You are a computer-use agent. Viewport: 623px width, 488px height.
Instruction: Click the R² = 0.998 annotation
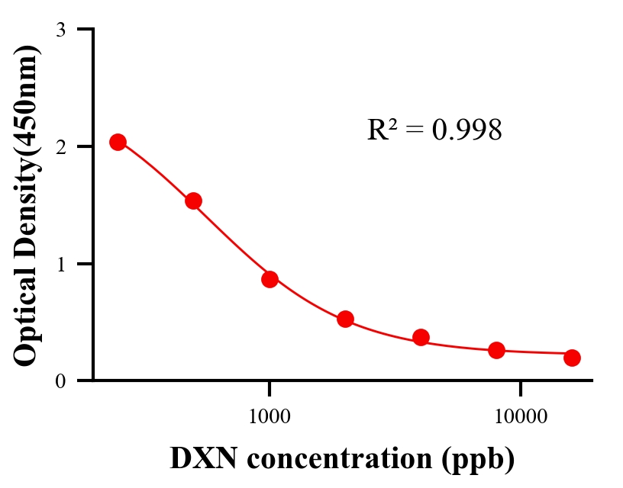(x=434, y=130)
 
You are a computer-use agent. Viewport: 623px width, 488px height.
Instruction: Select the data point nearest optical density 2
(x=118, y=142)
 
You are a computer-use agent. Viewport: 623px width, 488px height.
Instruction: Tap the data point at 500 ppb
(x=193, y=201)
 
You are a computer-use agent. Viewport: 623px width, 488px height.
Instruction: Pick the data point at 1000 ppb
(x=270, y=279)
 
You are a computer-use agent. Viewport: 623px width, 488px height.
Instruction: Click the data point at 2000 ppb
(x=345, y=319)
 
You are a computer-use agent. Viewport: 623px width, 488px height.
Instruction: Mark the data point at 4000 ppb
(x=421, y=337)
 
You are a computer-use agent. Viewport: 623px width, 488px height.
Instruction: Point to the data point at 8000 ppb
(x=497, y=350)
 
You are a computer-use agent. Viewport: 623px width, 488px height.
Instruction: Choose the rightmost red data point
(x=573, y=358)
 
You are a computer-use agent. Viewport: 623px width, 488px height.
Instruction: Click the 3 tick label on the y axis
(x=60, y=30)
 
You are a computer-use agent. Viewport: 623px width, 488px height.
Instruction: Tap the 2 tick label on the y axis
(x=60, y=146)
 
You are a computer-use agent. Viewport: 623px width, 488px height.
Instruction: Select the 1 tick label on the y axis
(x=60, y=264)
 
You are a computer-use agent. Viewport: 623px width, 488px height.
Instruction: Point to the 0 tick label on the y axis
(x=60, y=380)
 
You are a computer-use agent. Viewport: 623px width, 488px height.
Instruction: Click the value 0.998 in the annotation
(x=467, y=130)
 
